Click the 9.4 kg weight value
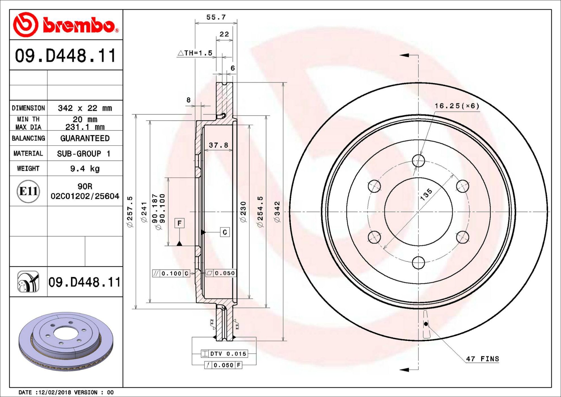[85, 169]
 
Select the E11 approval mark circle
[28, 191]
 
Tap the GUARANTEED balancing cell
[85, 138]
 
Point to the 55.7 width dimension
[216, 17]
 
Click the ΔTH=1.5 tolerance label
[195, 53]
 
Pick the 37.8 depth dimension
[218, 145]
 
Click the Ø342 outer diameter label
[277, 212]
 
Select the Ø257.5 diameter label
[130, 212]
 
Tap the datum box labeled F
[179, 223]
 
